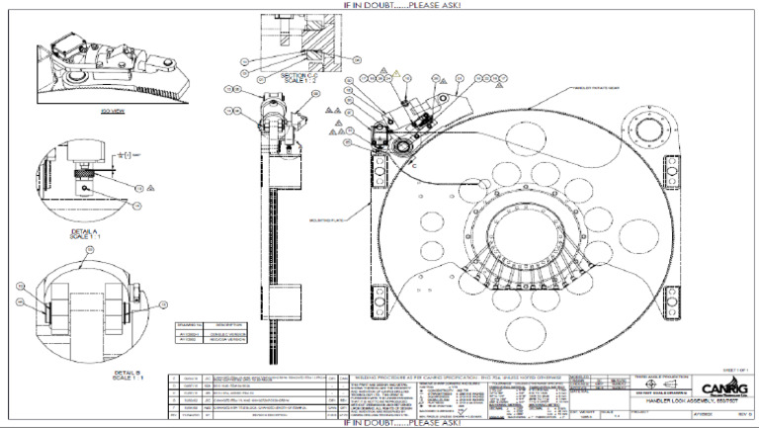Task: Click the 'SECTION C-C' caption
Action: [x=297, y=76]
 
